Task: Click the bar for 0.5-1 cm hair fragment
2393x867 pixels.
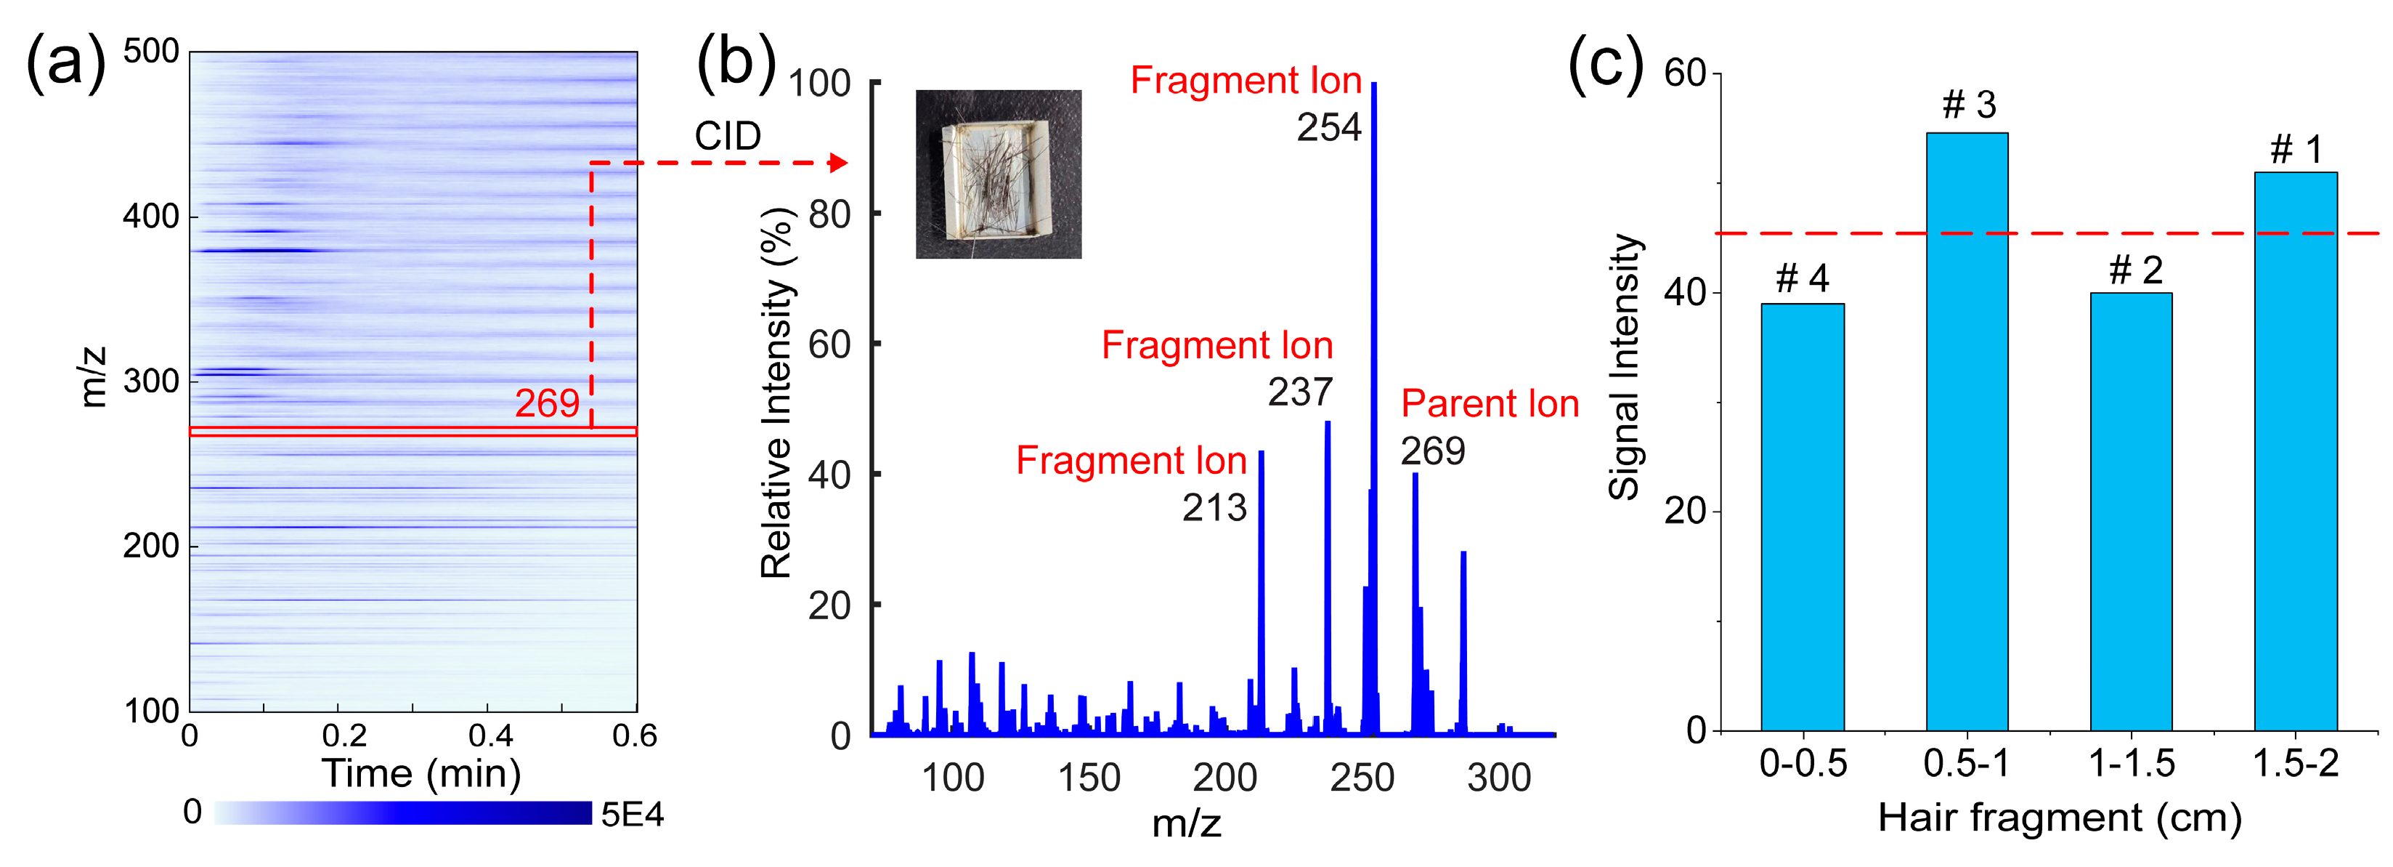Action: coord(1967,432)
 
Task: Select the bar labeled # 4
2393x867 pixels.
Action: coord(1802,517)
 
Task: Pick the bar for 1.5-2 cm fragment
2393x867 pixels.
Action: coord(2296,451)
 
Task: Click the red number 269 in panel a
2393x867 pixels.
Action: coord(547,403)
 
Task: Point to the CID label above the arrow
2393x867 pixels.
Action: coord(728,137)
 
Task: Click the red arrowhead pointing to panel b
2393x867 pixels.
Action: coord(838,164)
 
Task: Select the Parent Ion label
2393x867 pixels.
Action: coord(1489,403)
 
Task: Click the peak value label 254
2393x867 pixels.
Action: coord(1328,127)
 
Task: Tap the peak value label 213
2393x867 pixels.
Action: coord(1214,507)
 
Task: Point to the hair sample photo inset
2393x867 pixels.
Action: coord(998,174)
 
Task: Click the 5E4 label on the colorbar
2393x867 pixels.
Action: coord(632,815)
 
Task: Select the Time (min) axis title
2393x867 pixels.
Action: coord(420,773)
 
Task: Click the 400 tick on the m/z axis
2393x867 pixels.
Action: coord(150,217)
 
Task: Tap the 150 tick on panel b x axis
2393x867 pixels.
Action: coord(1089,778)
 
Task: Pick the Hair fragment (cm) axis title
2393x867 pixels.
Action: coord(2060,818)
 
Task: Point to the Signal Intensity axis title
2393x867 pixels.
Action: coord(1625,367)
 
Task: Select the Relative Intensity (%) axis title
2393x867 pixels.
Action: coord(776,392)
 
